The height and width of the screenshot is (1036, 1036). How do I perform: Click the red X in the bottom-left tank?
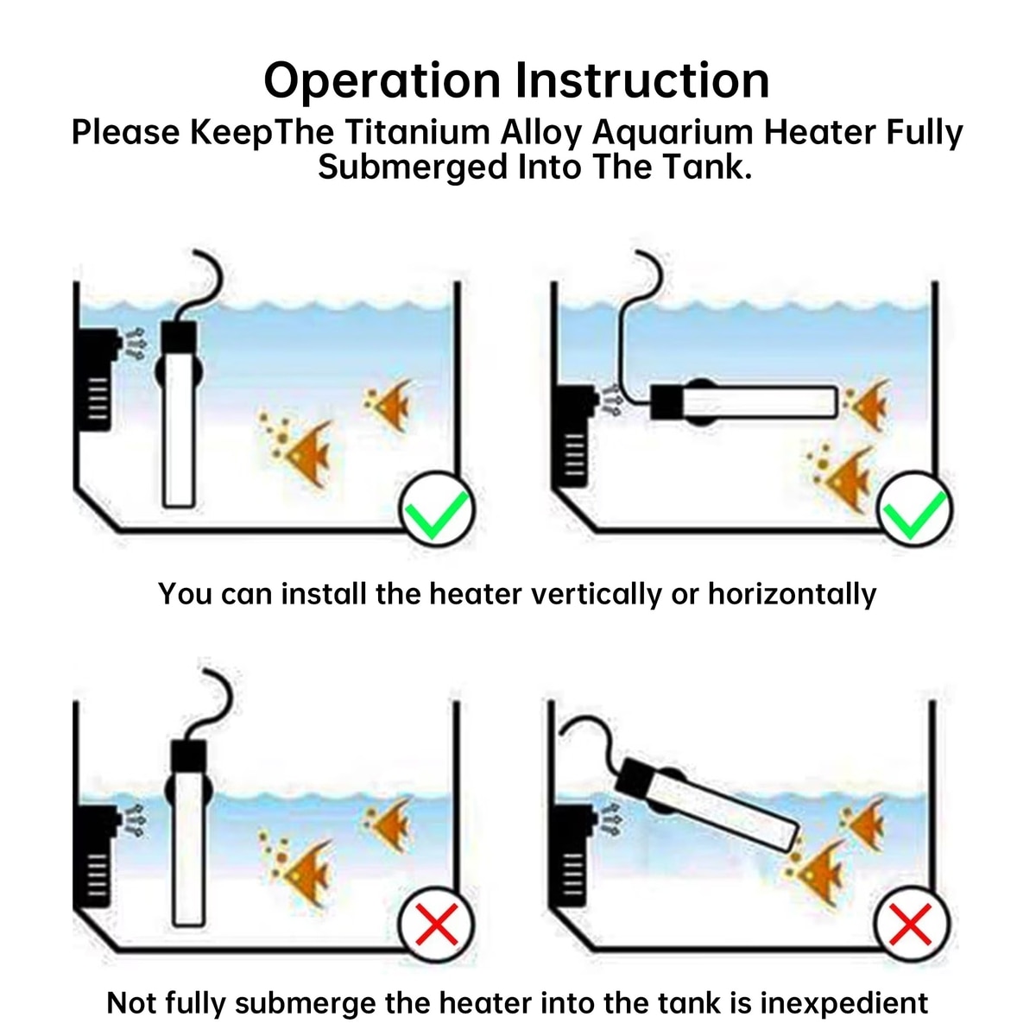coord(437,925)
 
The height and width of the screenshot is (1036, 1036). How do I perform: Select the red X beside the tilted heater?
coord(912,925)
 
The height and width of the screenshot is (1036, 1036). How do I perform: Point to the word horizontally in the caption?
coord(792,594)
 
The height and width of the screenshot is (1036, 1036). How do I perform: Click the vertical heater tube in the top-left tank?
coord(179,432)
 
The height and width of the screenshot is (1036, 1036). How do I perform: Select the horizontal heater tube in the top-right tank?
coord(760,401)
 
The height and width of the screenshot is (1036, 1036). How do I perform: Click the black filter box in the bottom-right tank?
coord(572,855)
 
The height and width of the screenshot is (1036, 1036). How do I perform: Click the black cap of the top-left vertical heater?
coord(180,337)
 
